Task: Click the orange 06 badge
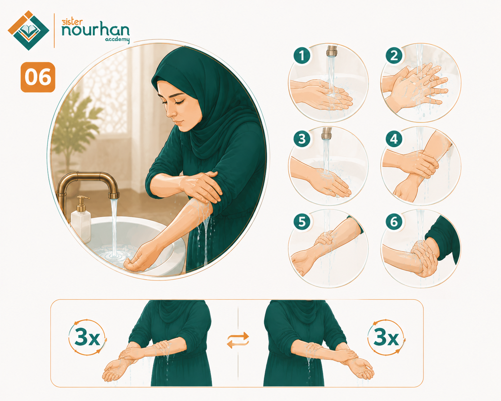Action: pyautogui.click(x=38, y=77)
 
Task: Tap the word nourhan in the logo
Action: pyautogui.click(x=95, y=30)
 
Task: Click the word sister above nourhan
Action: pyautogui.click(x=72, y=22)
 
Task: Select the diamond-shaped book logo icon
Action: pyautogui.click(x=28, y=30)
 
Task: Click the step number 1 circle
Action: pyautogui.click(x=302, y=55)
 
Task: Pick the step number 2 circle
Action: pyautogui.click(x=394, y=55)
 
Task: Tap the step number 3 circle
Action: pyautogui.click(x=302, y=139)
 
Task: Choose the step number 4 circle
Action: pyautogui.click(x=394, y=139)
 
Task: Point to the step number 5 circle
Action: pyautogui.click(x=302, y=222)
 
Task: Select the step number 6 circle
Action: pyautogui.click(x=394, y=222)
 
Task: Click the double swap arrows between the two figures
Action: pyautogui.click(x=238, y=340)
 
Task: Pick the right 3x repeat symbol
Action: pyautogui.click(x=386, y=337)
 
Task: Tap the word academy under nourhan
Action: pyautogui.click(x=117, y=40)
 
